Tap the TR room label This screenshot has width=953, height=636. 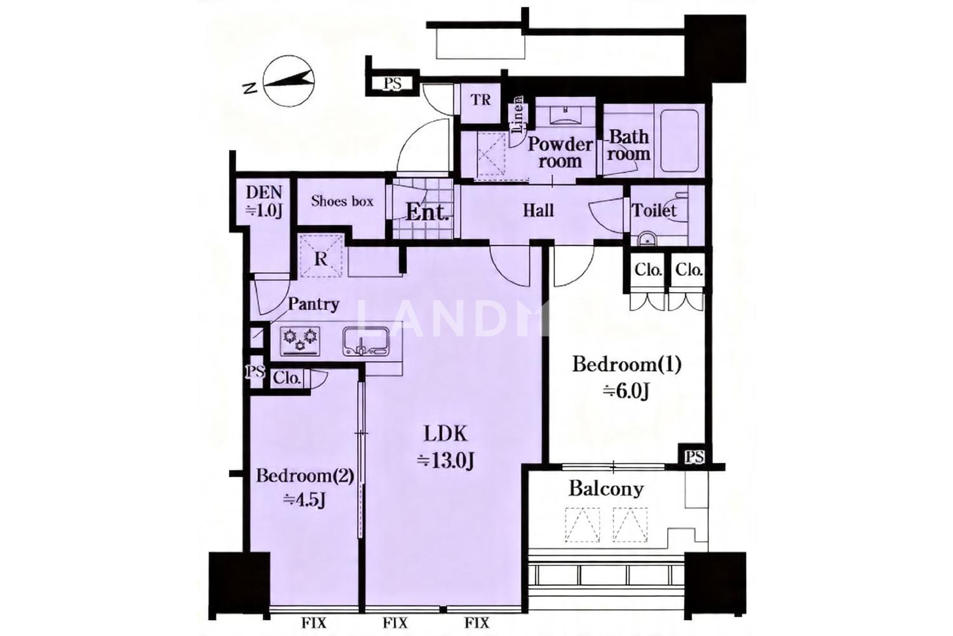tap(481, 100)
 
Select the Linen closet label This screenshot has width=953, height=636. tap(518, 114)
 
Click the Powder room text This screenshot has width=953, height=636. tap(560, 153)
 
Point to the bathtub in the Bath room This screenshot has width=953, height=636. tap(679, 141)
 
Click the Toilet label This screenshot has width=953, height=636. tap(654, 211)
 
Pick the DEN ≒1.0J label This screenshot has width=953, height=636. tap(264, 202)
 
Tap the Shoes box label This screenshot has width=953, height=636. tap(342, 201)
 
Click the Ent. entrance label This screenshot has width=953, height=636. tap(427, 212)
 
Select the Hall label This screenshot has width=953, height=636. tap(538, 211)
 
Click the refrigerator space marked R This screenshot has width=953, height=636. tap(321, 256)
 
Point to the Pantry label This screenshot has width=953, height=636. tap(313, 304)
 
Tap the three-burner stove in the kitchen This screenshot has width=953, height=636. tap(299, 342)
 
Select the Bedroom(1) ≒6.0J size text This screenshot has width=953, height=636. tap(626, 391)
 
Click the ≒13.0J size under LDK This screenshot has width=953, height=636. tap(445, 460)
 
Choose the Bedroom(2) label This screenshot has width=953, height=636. tap(305, 475)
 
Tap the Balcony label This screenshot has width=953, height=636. tap(606, 489)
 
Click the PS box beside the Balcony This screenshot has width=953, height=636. tap(694, 457)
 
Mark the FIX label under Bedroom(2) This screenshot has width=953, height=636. tap(314, 623)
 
